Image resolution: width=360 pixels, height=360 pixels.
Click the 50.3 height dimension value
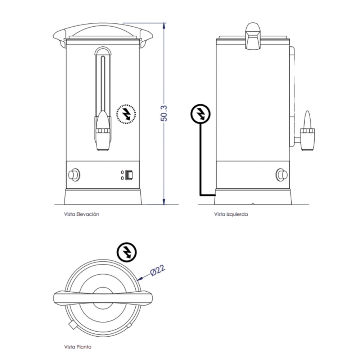tap(164, 113)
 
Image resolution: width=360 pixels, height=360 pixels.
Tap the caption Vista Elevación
tap(81, 214)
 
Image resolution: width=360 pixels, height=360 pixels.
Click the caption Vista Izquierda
tap(231, 214)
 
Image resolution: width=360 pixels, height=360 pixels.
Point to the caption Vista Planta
tap(77, 347)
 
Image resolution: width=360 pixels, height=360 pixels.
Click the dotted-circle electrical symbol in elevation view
tap(126, 114)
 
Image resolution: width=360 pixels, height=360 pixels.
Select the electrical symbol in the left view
tap(199, 114)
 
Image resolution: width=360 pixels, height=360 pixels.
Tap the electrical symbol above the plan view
tap(127, 252)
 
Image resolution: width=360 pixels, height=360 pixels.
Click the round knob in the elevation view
tap(74, 175)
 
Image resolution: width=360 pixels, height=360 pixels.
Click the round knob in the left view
tap(282, 175)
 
